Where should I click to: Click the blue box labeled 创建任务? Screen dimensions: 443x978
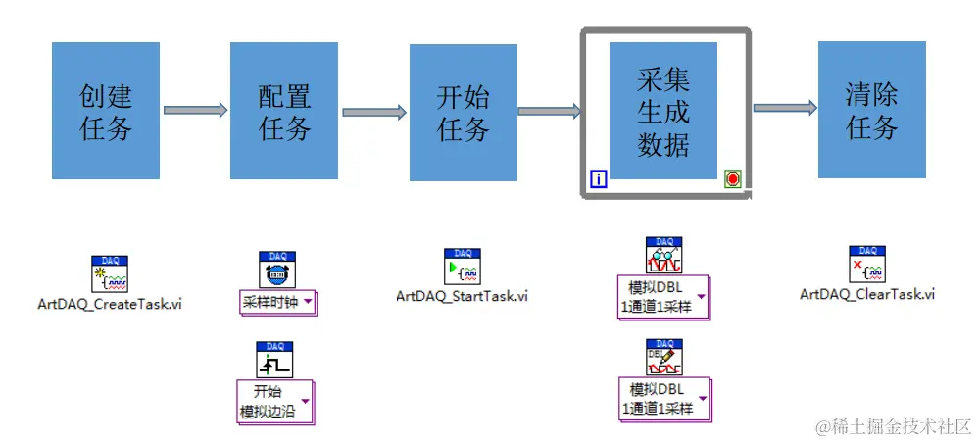click(x=105, y=111)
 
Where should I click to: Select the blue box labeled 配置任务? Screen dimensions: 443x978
click(x=284, y=111)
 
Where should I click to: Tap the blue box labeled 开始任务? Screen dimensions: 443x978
click(x=464, y=111)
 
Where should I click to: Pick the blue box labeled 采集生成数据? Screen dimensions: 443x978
click(x=663, y=111)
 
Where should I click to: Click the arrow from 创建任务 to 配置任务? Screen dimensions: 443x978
click(x=195, y=110)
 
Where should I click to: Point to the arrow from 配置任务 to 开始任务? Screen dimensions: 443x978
click(x=373, y=112)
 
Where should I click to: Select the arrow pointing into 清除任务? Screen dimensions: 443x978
click(x=784, y=108)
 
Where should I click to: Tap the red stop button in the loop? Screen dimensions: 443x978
click(x=733, y=178)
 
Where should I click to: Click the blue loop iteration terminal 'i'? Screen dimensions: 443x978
click(x=599, y=178)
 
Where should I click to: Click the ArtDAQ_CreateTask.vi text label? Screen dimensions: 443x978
click(x=109, y=304)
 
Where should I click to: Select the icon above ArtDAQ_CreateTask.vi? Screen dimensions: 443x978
click(x=109, y=274)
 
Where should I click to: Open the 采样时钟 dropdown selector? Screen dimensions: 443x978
click(x=278, y=301)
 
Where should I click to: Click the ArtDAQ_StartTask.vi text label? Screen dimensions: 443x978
click(x=462, y=295)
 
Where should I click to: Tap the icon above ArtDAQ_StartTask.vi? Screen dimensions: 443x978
click(x=462, y=266)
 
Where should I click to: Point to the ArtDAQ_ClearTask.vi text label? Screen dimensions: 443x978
click(x=867, y=293)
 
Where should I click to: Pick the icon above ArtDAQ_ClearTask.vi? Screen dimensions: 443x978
click(x=867, y=265)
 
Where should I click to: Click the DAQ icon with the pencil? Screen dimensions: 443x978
click(x=664, y=358)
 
